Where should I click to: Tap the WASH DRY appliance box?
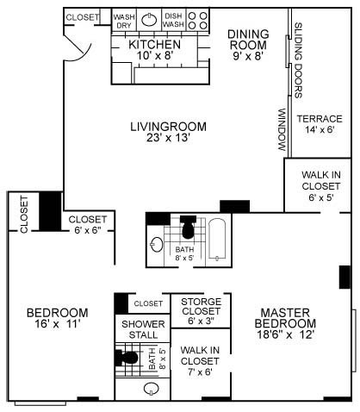[x=124, y=21]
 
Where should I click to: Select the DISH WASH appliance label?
[x=173, y=21]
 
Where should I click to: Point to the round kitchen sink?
[x=148, y=21]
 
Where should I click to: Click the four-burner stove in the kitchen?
[x=198, y=21]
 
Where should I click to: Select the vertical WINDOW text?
[x=282, y=129]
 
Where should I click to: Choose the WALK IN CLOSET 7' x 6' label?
[x=200, y=360]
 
